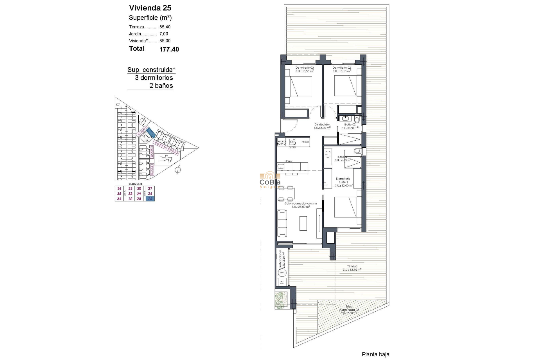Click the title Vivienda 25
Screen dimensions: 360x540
pyautogui.click(x=150, y=8)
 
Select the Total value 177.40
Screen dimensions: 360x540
pyautogui.click(x=169, y=49)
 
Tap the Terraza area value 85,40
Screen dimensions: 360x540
pyautogui.click(x=165, y=27)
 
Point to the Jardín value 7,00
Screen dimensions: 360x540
pyautogui.click(x=164, y=34)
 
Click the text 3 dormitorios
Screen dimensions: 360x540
pyautogui.click(x=154, y=78)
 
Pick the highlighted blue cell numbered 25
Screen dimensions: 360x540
pyautogui.click(x=150, y=199)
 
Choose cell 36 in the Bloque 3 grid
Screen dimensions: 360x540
pyautogui.click(x=119, y=189)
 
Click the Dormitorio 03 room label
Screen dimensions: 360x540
pyautogui.click(x=304, y=68)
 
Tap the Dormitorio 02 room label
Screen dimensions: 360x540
pyautogui.click(x=341, y=68)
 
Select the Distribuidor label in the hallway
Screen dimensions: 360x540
pyautogui.click(x=322, y=125)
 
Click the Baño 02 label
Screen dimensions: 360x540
pyautogui.click(x=350, y=125)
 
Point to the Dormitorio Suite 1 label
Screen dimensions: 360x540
pyautogui.click(x=343, y=180)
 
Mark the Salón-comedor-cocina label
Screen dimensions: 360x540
pyautogui.click(x=301, y=204)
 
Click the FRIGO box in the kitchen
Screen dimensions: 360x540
pyautogui.click(x=305, y=142)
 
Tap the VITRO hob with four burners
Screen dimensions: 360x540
pyautogui.click(x=292, y=142)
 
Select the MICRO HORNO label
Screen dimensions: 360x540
pyautogui.click(x=281, y=143)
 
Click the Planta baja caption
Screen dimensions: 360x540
pyautogui.click(x=375, y=355)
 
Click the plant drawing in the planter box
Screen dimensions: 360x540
pyautogui.click(x=281, y=300)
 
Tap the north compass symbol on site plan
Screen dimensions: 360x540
pyautogui.click(x=178, y=170)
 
